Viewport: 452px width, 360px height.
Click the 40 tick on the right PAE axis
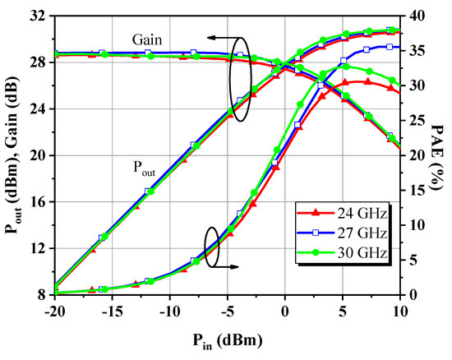[417, 16]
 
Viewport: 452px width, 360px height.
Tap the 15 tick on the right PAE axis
[417, 190]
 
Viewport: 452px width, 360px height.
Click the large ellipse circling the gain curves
[239, 80]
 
